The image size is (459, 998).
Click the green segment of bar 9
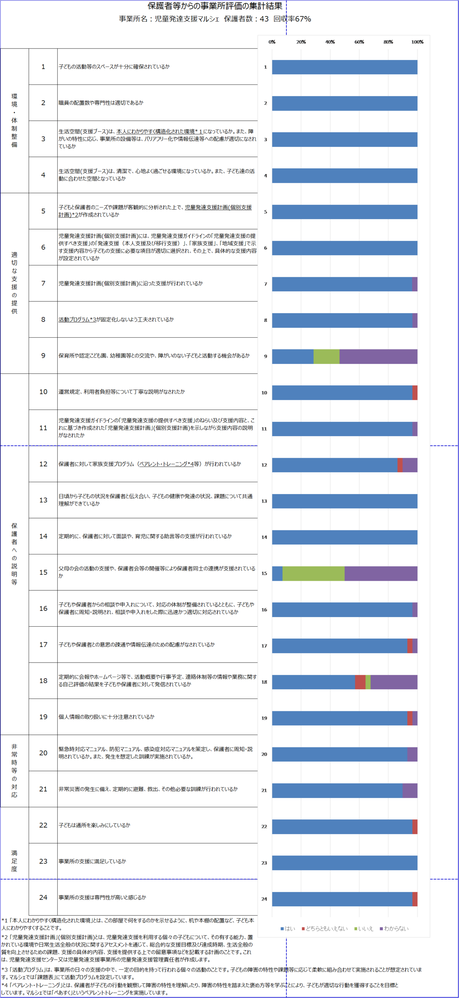(326, 356)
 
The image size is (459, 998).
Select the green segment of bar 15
(313, 574)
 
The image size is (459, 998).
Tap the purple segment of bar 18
(394, 682)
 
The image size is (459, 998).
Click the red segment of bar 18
(360, 682)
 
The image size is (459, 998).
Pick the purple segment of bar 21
(410, 790)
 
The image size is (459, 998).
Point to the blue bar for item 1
(345, 67)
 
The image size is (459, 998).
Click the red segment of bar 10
(415, 392)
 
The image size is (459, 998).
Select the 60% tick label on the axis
(359, 42)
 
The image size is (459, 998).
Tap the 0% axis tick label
(272, 42)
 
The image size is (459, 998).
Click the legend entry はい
(288, 929)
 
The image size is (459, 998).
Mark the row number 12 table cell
(43, 464)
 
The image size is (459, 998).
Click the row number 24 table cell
(43, 897)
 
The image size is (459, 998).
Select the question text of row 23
(92, 861)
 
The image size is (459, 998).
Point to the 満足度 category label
(15, 861)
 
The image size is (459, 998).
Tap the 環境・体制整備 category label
(15, 120)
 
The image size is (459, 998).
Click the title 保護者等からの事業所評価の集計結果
(215, 6)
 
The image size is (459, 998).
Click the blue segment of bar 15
(277, 574)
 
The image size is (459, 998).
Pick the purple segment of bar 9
(378, 356)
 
